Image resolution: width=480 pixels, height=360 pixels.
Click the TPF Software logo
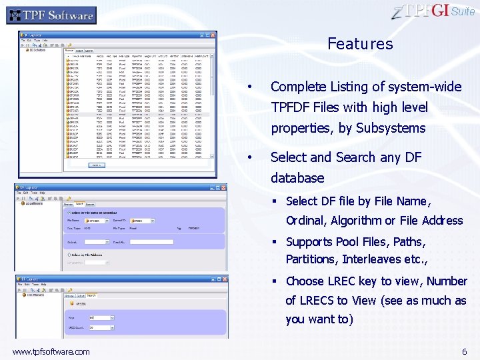(51, 15)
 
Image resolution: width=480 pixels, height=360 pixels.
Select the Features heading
(360, 44)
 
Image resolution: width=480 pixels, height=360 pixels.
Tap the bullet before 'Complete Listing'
(249, 87)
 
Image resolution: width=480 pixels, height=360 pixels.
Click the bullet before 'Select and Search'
(249, 158)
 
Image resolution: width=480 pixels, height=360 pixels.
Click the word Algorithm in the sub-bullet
(356, 221)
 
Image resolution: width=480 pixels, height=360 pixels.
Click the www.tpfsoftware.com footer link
(51, 351)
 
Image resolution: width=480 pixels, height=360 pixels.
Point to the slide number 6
(464, 351)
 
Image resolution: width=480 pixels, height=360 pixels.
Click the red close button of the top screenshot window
(213, 34)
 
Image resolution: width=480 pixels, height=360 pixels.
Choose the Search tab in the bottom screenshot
(91, 295)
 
